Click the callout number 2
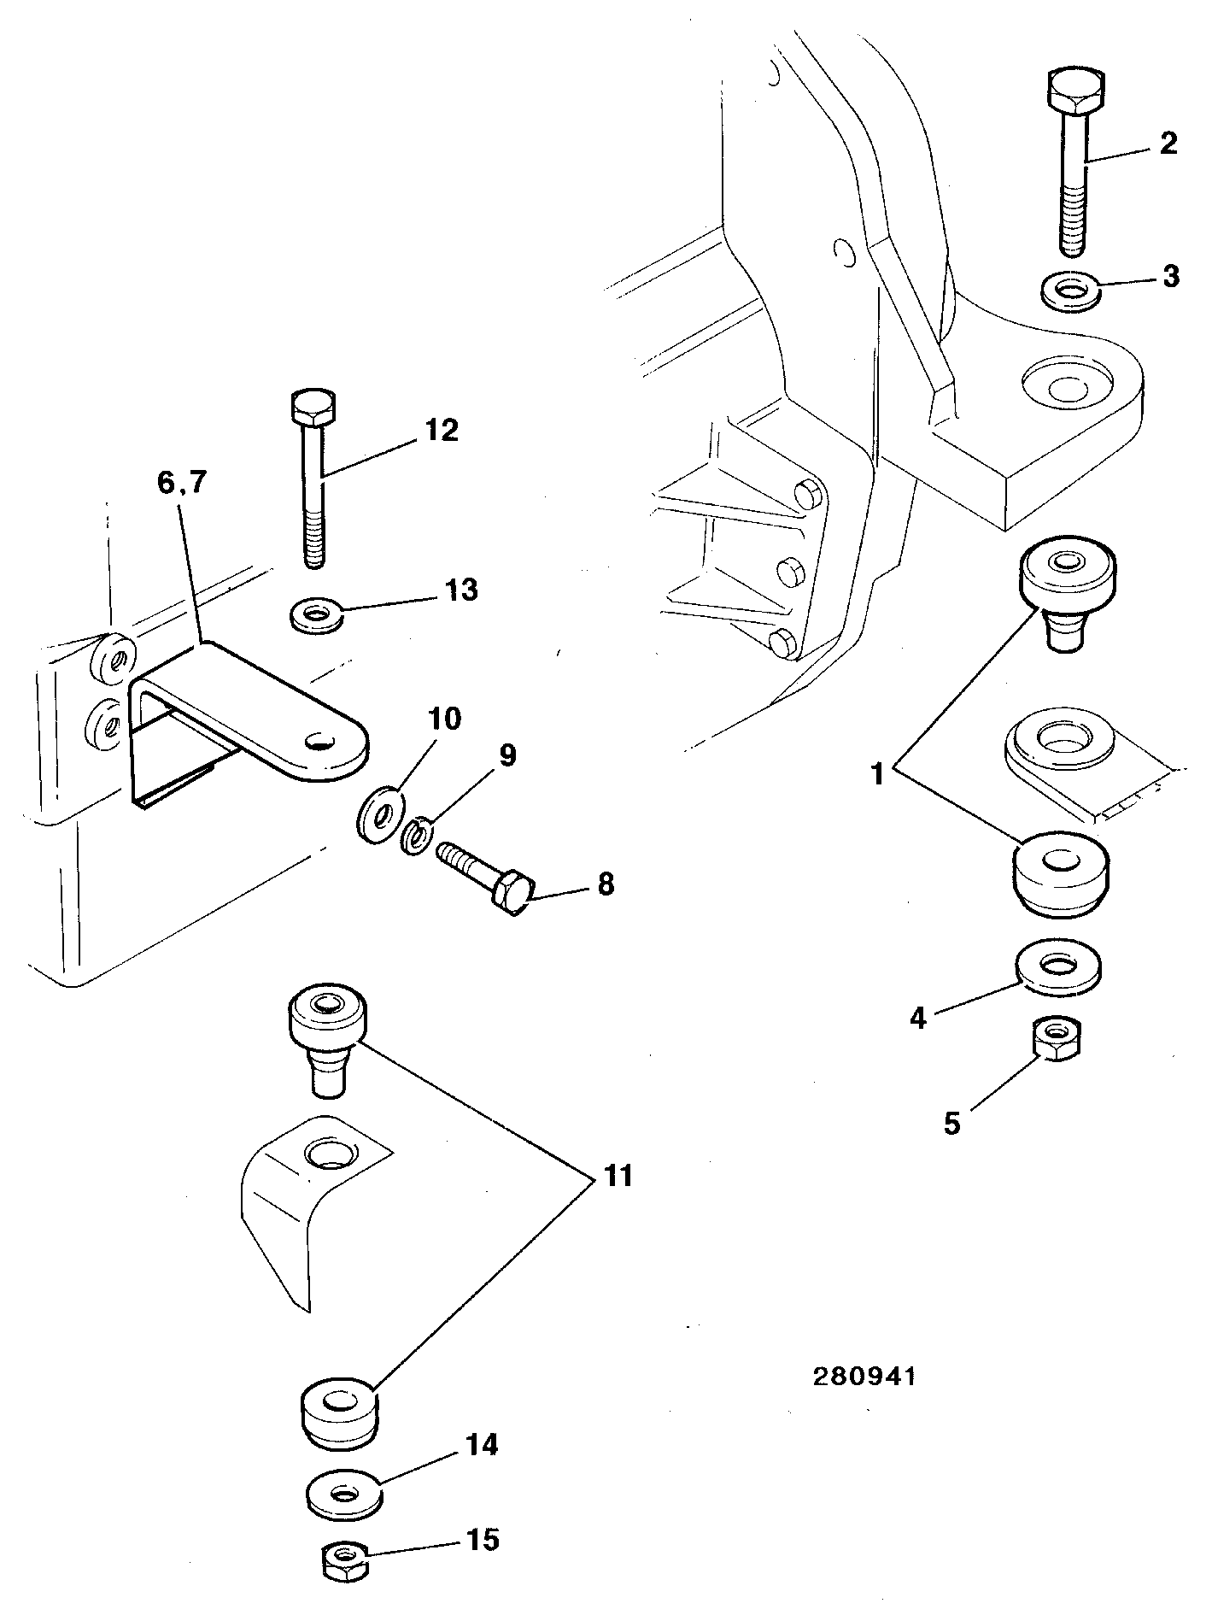point(1167,143)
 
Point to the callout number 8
point(606,884)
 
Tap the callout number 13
point(461,590)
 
